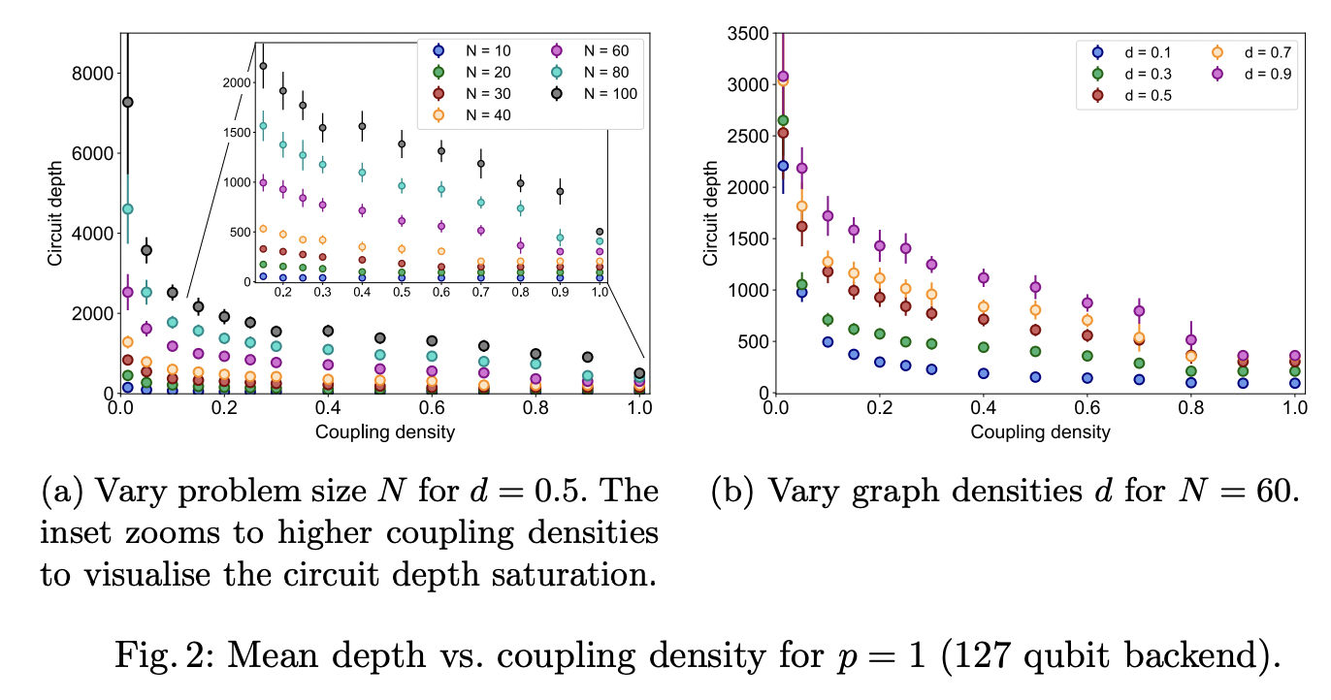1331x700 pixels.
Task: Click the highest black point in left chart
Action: (127, 102)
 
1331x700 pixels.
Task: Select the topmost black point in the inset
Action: (262, 66)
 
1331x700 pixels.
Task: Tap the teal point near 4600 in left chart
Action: (127, 208)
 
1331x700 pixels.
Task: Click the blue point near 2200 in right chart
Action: (783, 166)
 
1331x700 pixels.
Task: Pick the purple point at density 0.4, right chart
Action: (984, 278)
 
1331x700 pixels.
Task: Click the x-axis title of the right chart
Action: (1040, 432)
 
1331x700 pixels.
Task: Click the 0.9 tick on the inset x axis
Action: (560, 291)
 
